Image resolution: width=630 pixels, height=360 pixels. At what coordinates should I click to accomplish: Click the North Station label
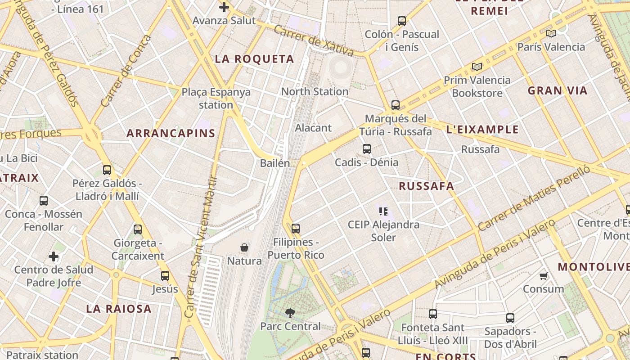(x=315, y=91)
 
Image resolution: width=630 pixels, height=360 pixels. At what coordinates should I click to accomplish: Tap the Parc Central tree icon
(x=290, y=313)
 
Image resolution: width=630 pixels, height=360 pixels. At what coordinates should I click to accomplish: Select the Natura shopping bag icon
(x=244, y=247)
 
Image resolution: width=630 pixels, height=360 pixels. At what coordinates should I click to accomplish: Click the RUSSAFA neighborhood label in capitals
(x=426, y=186)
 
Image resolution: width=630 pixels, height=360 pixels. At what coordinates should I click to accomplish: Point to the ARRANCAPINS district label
(x=171, y=133)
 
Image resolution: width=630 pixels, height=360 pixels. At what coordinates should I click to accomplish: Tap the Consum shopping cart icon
(x=543, y=276)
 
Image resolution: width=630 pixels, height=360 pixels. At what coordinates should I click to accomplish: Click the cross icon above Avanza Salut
(x=224, y=7)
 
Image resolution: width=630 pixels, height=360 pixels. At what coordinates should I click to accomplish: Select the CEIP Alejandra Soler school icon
(x=383, y=211)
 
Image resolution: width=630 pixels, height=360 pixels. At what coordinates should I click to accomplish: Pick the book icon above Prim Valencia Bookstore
(x=477, y=67)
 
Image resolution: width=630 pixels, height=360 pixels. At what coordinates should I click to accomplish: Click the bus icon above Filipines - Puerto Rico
(x=295, y=229)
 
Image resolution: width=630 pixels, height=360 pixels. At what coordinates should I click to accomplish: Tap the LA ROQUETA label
(x=254, y=59)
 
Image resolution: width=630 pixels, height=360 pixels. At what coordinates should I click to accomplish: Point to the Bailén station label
(x=275, y=163)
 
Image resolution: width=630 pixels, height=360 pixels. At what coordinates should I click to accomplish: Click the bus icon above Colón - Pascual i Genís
(x=401, y=21)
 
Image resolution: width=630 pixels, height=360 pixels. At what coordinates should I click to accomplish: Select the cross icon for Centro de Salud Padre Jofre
(x=54, y=256)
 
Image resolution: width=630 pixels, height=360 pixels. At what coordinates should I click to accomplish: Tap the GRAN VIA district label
(x=558, y=90)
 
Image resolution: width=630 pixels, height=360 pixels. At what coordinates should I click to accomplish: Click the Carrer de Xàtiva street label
(x=313, y=40)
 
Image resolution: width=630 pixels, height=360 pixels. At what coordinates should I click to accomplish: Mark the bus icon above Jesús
(x=165, y=275)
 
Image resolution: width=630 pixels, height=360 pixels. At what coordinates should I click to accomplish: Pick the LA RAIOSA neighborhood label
(x=119, y=309)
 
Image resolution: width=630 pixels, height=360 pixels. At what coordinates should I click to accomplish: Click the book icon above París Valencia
(x=551, y=33)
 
